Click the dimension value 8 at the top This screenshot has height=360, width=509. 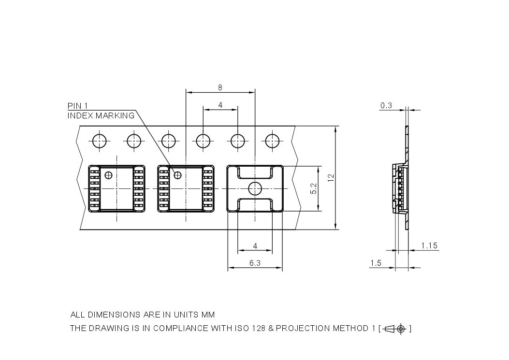[x=220, y=87]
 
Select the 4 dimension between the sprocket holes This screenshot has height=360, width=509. [x=220, y=105]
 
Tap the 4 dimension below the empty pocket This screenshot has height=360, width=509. [x=255, y=246]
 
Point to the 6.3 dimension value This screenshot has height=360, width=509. [x=255, y=263]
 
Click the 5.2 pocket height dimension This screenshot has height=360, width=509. [x=313, y=188]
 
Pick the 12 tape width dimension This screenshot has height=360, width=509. [x=331, y=178]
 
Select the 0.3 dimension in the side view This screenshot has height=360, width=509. [x=386, y=105]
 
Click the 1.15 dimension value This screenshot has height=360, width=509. [x=429, y=246]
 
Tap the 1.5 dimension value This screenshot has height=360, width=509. [x=376, y=263]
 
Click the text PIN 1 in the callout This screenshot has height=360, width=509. [x=77, y=106]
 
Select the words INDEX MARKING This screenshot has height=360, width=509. [x=101, y=116]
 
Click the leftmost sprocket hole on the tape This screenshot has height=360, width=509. [x=100, y=141]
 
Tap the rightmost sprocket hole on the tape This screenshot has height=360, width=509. [x=272, y=141]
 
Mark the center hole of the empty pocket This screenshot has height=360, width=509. [x=255, y=188]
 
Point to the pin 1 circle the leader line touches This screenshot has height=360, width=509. [x=178, y=174]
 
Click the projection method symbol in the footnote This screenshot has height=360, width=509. [x=395, y=329]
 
